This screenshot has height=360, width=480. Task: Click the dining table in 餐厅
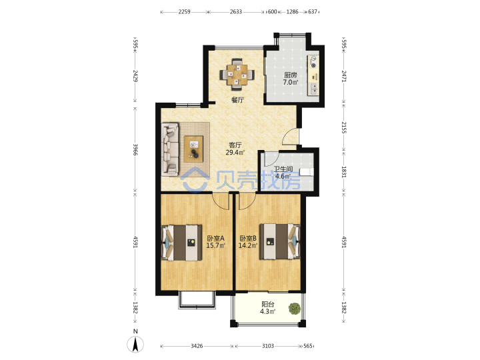(237, 75)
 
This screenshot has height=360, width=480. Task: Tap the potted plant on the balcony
(295, 309)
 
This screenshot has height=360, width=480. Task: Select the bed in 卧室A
(181, 243)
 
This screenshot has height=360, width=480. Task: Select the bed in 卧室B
(280, 241)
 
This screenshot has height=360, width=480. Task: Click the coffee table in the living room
(193, 149)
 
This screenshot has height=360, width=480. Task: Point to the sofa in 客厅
(170, 149)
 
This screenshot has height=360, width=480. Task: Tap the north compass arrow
(135, 344)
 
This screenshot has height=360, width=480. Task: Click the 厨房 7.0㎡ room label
(291, 79)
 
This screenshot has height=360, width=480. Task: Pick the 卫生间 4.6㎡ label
(283, 173)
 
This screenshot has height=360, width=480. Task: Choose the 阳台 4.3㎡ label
(267, 308)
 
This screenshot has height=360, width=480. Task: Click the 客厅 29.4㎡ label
(235, 149)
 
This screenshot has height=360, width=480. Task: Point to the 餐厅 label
(237, 100)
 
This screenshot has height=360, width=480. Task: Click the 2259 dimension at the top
(184, 12)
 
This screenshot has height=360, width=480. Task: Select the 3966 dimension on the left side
(135, 149)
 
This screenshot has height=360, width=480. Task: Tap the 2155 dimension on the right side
(344, 127)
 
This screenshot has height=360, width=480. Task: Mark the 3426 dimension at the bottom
(197, 346)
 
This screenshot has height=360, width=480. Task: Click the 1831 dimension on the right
(344, 173)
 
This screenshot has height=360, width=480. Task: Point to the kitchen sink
(314, 89)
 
